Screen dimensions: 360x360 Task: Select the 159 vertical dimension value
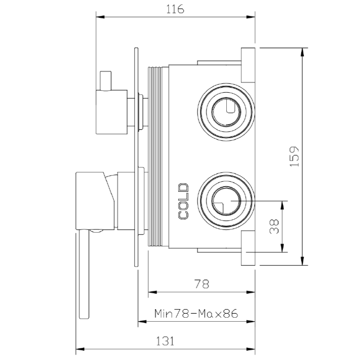pos(294,156)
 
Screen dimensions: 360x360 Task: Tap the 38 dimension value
pos(273,226)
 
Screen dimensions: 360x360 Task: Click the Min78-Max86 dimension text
pos(196,313)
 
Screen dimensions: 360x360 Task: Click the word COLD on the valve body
pos(183,201)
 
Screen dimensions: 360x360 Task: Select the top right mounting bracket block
pos(248,64)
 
